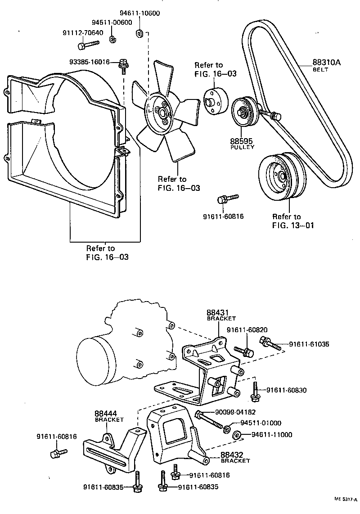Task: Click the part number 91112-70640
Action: click(x=82, y=32)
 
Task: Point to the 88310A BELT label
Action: click(x=326, y=65)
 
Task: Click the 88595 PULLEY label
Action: click(x=242, y=143)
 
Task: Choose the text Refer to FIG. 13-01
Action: click(x=287, y=221)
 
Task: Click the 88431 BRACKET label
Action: click(x=221, y=314)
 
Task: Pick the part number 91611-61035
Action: click(x=309, y=344)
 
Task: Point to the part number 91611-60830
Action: click(x=286, y=390)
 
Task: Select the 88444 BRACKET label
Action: click(x=109, y=415)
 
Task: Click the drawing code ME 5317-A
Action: click(x=345, y=499)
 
